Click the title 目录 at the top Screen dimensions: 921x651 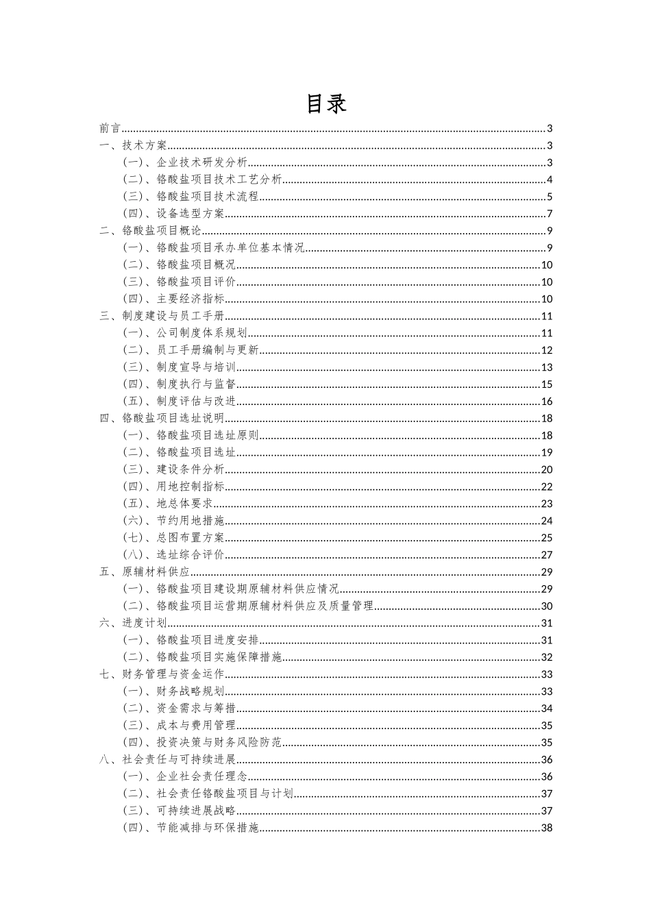pyautogui.click(x=325, y=103)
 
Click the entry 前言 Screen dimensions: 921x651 pyautogui.click(x=110, y=128)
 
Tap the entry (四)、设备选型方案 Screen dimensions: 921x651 pyautogui.click(x=173, y=214)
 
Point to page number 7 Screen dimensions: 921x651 pyautogui.click(x=550, y=214)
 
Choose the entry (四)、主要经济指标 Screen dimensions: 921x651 pyautogui.click(x=173, y=299)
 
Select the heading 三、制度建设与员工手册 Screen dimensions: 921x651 pyautogui.click(x=162, y=316)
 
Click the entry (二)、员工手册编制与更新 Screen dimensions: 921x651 pyautogui.click(x=191, y=350)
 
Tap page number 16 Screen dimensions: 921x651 pyautogui.click(x=547, y=402)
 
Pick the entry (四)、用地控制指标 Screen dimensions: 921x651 pyautogui.click(x=173, y=487)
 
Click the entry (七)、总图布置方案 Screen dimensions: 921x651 pyautogui.click(x=173, y=538)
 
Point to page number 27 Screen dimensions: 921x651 pyautogui.click(x=547, y=555)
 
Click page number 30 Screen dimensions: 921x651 pyautogui.click(x=547, y=606)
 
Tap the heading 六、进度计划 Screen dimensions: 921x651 pyautogui.click(x=133, y=623)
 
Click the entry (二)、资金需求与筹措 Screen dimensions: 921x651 pyautogui.click(x=179, y=709)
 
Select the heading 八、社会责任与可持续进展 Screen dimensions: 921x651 pyautogui.click(x=167, y=759)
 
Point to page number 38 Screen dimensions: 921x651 pyautogui.click(x=547, y=828)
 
